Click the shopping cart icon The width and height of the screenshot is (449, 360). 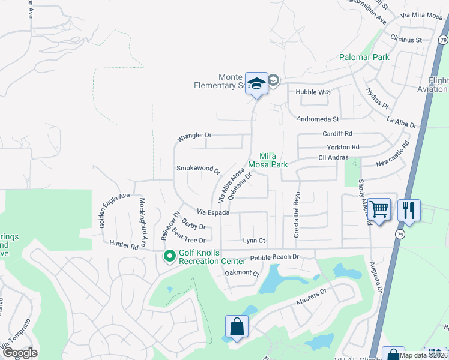379,210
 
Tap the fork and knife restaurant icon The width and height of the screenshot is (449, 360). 409,210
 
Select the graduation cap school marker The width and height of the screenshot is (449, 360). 256,84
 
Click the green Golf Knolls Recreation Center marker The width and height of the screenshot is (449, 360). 170,256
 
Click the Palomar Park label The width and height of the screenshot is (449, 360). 364,58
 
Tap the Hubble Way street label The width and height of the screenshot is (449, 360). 313,92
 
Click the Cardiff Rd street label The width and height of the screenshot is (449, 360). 337,133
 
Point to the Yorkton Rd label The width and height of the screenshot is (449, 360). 343,147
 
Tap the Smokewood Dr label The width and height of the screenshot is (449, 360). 198,169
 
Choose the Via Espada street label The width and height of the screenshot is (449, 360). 214,212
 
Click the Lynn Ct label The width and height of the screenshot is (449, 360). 254,241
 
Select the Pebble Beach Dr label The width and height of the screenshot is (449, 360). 274,257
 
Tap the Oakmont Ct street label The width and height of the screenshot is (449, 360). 241,273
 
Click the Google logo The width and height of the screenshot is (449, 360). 20,353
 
